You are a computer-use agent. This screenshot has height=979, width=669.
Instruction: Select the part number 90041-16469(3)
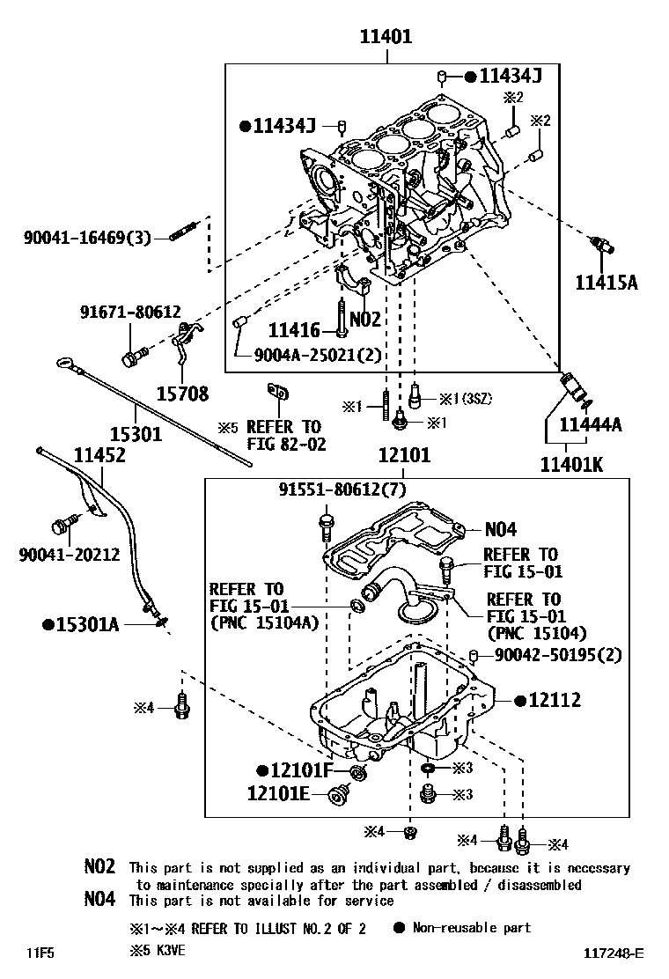88,238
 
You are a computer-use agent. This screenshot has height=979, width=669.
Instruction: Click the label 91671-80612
129,312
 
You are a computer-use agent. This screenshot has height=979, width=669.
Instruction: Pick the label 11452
99,455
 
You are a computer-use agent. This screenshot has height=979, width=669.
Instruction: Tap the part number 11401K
570,463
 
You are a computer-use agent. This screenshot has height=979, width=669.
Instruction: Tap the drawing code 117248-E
613,953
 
